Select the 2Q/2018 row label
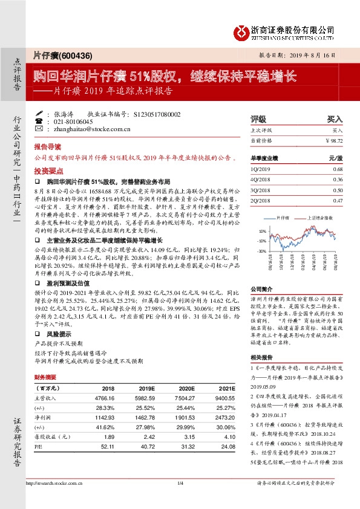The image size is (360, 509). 261,199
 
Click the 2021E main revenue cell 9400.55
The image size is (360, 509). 216,398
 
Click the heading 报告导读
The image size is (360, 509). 47,147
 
